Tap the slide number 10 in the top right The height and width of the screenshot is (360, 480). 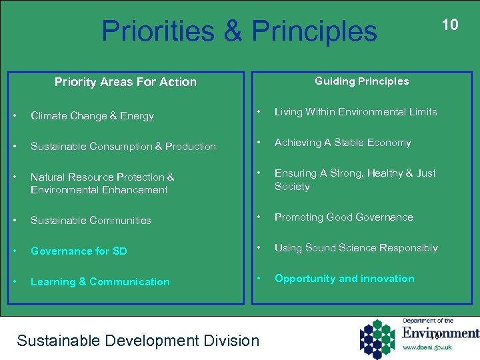tap(450, 25)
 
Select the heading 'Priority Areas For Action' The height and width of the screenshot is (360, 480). tap(125, 82)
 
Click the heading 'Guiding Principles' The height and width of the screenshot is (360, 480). tap(361, 81)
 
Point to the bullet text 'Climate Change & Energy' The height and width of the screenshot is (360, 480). tap(92, 116)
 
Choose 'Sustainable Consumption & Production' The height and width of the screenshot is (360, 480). tap(123, 147)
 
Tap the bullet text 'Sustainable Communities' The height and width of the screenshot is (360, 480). tap(91, 221)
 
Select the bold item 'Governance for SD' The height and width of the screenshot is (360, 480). tap(79, 251)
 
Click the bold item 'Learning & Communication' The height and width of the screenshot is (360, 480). tap(100, 282)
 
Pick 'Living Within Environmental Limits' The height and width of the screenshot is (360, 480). tap(355, 112)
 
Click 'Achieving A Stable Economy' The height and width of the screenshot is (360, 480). tap(343, 143)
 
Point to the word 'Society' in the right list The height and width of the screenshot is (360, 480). tap(292, 187)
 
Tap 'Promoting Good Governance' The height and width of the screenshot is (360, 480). tap(343, 217)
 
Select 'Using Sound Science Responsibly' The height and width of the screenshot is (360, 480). tap(356, 248)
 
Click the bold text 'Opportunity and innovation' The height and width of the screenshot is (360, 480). tap(344, 279)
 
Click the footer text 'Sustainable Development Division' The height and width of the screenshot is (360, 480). tap(138, 341)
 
